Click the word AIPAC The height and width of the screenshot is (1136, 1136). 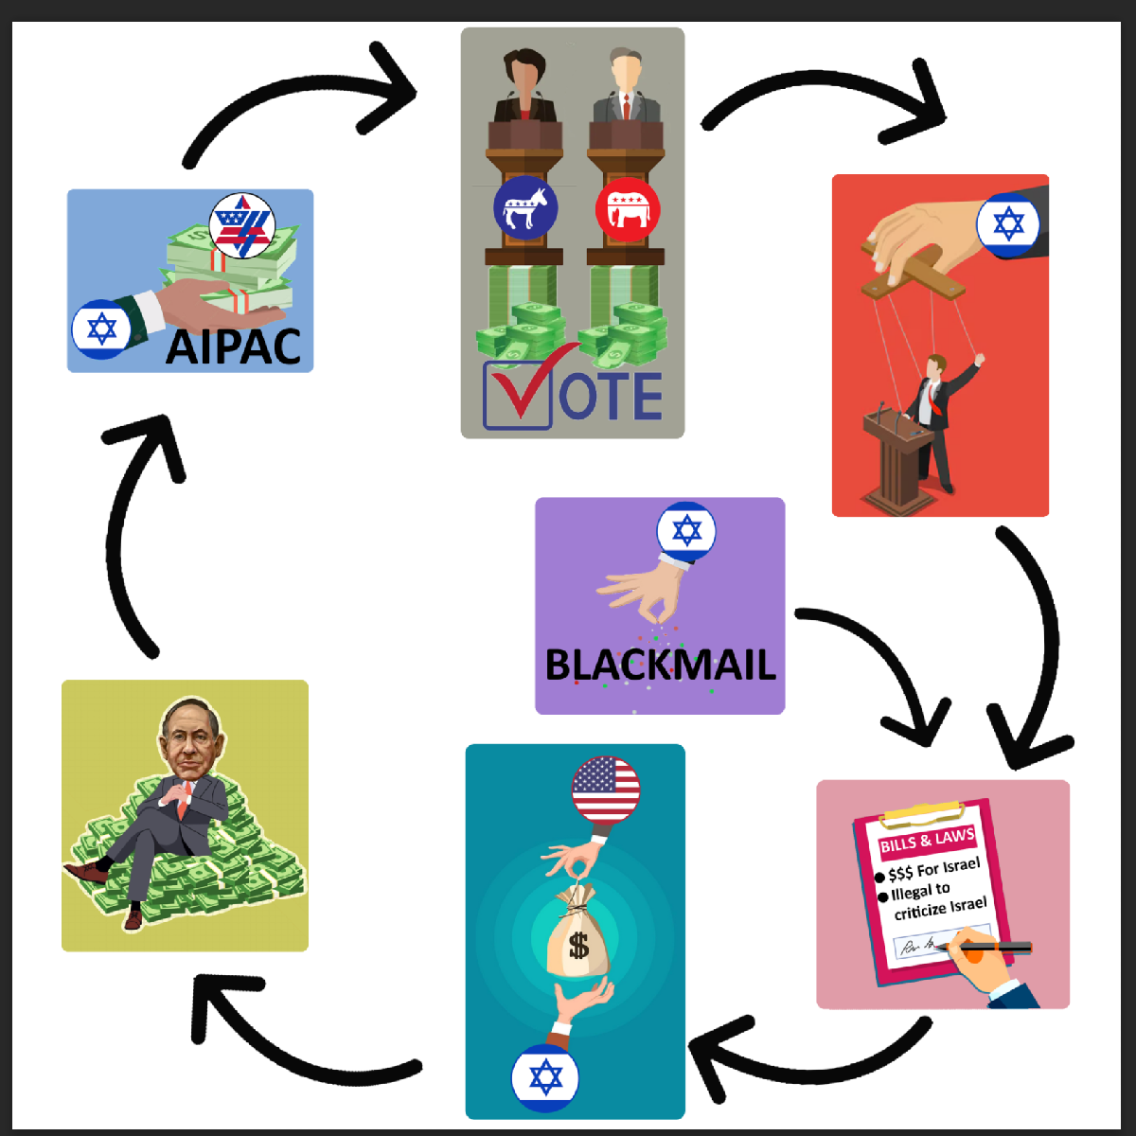point(234,346)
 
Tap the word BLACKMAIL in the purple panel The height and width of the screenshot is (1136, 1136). point(660,665)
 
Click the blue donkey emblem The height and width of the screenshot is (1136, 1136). point(524,207)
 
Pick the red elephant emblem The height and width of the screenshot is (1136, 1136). point(628,209)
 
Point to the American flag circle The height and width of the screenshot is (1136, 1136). point(606,790)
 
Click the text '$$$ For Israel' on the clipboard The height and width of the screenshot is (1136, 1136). point(933,869)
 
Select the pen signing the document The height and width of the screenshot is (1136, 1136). point(985,947)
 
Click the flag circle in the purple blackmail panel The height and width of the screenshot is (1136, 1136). point(686,531)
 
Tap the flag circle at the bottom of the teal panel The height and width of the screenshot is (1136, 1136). point(545,1078)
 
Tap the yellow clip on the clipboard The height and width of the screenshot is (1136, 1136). point(923,812)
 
